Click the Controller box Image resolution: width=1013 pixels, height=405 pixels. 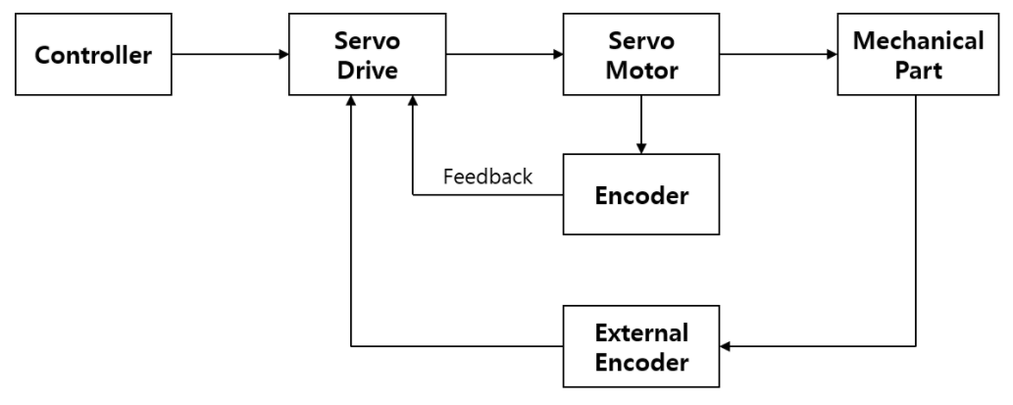coord(93,55)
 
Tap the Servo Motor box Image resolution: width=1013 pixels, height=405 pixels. coord(641,55)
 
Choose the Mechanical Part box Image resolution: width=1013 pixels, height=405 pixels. coord(918,55)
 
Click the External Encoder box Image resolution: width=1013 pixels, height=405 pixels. coord(641,346)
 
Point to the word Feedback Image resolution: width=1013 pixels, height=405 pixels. coord(487,177)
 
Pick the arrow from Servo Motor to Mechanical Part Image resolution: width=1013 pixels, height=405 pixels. coord(779,55)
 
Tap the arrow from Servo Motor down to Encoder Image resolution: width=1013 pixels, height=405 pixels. coord(641,124)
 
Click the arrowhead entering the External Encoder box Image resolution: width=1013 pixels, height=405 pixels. coord(727,346)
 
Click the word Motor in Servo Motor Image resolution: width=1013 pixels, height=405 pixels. coord(641,71)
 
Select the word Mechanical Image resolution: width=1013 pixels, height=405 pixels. coord(918,40)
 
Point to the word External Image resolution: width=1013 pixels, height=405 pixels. coord(641,331)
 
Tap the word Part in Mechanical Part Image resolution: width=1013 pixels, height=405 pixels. coord(918,71)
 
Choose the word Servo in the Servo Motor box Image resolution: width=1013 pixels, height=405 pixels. coord(641,40)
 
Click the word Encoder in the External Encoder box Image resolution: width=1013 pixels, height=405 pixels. coord(641,362)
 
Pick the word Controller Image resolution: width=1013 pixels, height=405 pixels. coord(93,55)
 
